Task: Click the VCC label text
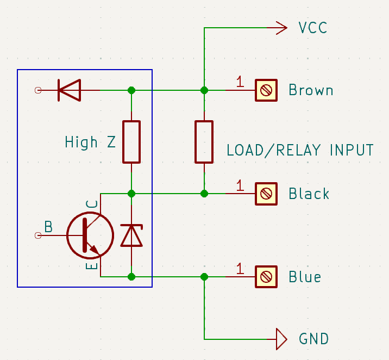[x=313, y=28]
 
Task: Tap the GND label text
[x=313, y=339]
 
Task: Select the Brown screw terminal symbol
[x=266, y=90]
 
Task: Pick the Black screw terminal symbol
[x=266, y=194]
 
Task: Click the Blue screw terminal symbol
[x=266, y=277]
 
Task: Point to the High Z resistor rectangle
[x=131, y=142]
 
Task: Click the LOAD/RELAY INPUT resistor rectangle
[x=204, y=142]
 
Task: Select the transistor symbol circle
[x=90, y=235]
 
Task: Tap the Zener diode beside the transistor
[x=131, y=235]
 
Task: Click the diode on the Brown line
[x=69, y=90]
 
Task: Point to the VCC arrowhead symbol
[x=281, y=28]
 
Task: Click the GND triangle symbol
[x=281, y=339]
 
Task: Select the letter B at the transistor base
[x=48, y=226]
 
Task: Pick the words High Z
[x=90, y=142]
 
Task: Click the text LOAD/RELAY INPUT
[x=300, y=150]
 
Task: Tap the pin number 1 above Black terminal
[x=240, y=185]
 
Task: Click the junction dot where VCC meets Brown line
[x=204, y=90]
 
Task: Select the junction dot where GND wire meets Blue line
[x=204, y=277]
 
